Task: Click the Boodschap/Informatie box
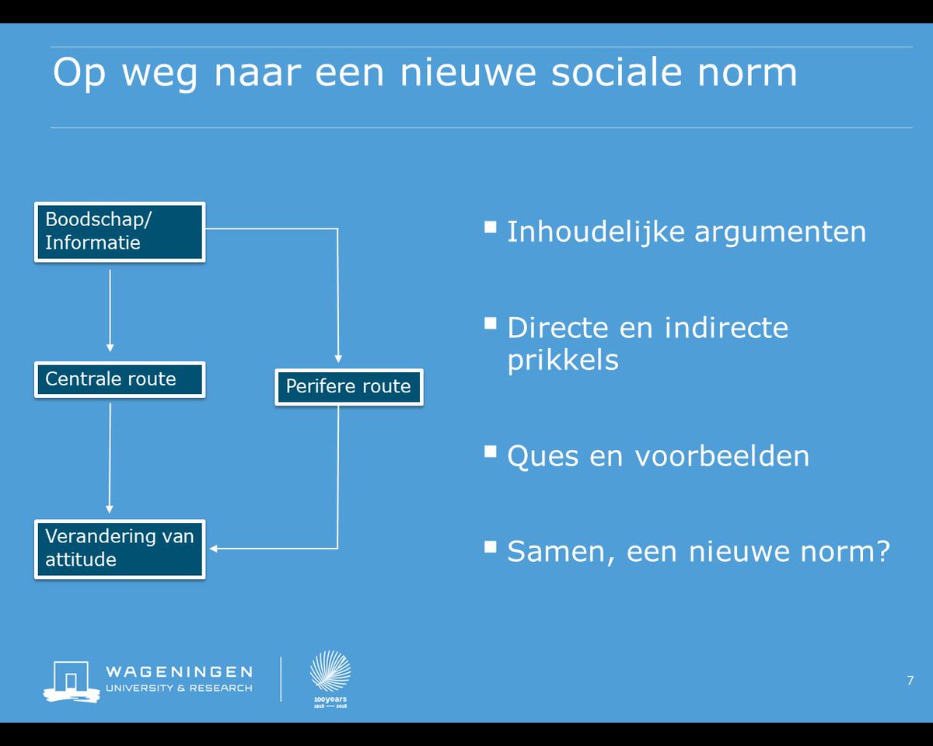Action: (119, 232)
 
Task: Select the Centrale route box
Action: (119, 379)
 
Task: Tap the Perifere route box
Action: (348, 386)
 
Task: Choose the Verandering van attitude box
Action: (119, 549)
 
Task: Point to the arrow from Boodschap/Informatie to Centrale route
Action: (110, 311)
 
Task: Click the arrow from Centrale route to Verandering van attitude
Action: (110, 458)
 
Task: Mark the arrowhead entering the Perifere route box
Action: (337, 357)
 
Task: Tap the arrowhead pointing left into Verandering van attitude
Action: (215, 549)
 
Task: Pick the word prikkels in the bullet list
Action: (562, 360)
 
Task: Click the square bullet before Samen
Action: (490, 546)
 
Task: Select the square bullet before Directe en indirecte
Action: (490, 322)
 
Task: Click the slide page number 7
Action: (910, 681)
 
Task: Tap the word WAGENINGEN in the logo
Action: (179, 671)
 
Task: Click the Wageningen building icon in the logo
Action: (71, 681)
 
